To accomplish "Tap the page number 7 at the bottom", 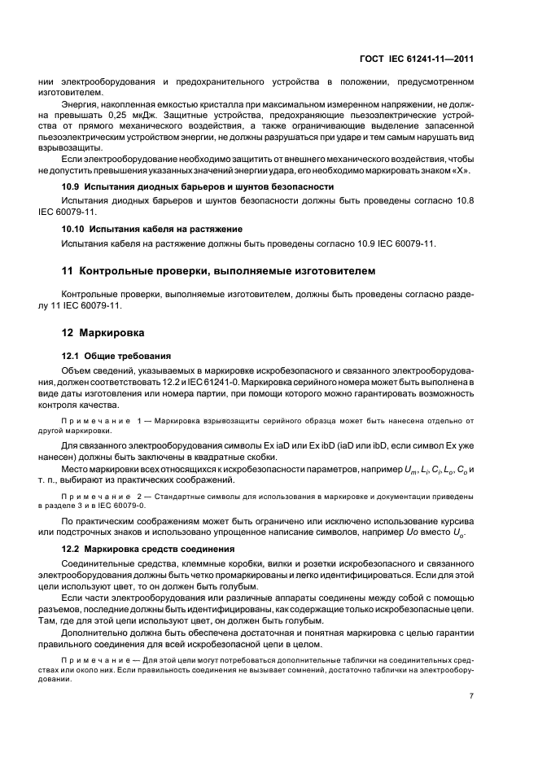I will pyautogui.click(x=471, y=695).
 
